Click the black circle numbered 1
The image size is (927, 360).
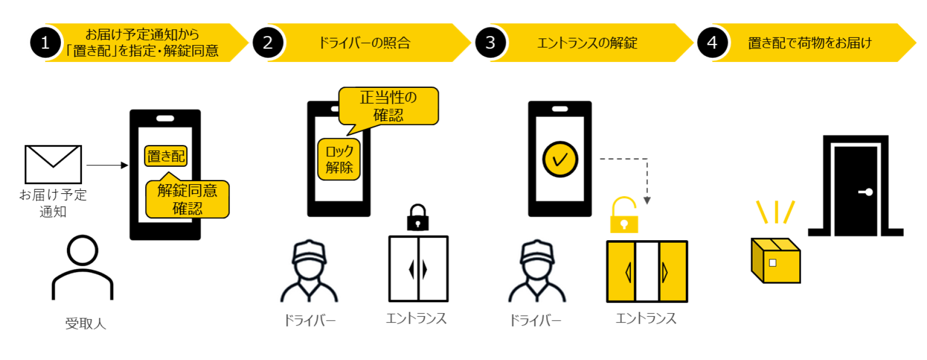45,43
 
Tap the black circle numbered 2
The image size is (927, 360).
268,43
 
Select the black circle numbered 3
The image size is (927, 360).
491,43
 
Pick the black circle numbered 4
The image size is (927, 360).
712,43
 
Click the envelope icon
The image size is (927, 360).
53,164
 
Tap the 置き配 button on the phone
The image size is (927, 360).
166,156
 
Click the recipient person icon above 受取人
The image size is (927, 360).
83,267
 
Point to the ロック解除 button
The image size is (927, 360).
339,159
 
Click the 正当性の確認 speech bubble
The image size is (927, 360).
388,106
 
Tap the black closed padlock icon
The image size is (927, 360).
418,218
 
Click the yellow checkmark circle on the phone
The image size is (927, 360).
560,159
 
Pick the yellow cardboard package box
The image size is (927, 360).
776,260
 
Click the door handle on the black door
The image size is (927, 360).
866,192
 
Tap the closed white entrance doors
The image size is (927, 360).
418,269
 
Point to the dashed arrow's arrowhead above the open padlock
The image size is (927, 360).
647,201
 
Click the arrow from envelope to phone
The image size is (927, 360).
107,165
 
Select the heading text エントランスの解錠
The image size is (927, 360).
588,43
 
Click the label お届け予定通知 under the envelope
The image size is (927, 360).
53,203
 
